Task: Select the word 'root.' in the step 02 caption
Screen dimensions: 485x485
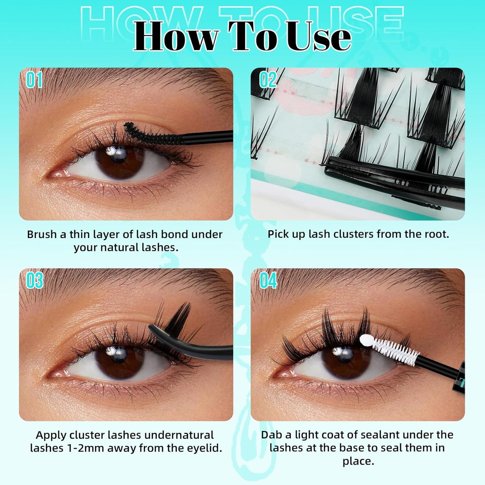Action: (x=437, y=234)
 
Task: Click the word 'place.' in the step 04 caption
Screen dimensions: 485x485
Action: (x=358, y=461)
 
